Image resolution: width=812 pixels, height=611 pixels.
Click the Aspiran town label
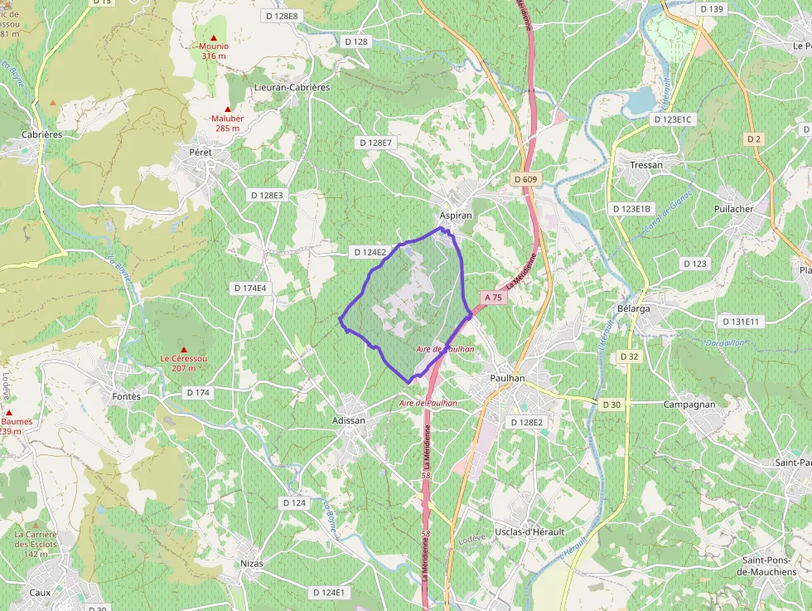(456, 215)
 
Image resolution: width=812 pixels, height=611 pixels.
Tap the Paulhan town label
(508, 378)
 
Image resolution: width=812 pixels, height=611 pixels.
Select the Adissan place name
(348, 420)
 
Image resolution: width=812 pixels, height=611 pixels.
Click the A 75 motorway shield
(493, 297)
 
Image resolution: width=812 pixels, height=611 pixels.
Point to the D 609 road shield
(525, 179)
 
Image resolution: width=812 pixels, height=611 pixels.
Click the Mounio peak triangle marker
(214, 37)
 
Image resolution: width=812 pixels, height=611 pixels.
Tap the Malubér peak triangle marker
(227, 109)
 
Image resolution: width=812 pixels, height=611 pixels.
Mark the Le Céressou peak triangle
(184, 349)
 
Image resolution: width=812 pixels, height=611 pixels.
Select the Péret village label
(201, 153)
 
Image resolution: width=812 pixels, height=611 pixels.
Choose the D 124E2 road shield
(370, 252)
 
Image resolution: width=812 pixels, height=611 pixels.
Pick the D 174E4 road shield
(249, 288)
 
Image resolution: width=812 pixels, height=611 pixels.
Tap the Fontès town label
(127, 396)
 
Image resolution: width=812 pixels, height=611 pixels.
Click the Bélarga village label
(634, 308)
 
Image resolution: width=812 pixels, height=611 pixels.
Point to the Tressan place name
(646, 165)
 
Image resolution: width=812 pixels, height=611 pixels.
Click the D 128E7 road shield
(375, 143)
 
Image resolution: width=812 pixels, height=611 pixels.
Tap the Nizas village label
(251, 564)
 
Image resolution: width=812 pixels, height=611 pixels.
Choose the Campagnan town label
(689, 404)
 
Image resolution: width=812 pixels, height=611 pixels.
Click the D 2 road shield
(753, 138)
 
